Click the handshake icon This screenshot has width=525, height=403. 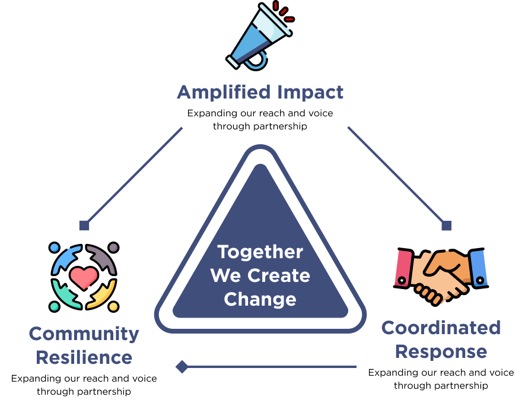[441, 274]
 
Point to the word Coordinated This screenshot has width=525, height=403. [441, 328]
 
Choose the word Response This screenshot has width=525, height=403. [441, 351]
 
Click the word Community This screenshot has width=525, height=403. [84, 334]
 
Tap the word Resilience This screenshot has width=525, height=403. [84, 357]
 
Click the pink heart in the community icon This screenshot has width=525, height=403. [84, 277]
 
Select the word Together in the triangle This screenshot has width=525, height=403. [260, 252]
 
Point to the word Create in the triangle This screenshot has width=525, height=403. [279, 275]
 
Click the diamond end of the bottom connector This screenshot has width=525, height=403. [182, 367]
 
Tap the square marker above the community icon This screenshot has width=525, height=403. [84, 226]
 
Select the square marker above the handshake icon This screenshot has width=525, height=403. [447, 226]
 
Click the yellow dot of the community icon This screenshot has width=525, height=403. [113, 306]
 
